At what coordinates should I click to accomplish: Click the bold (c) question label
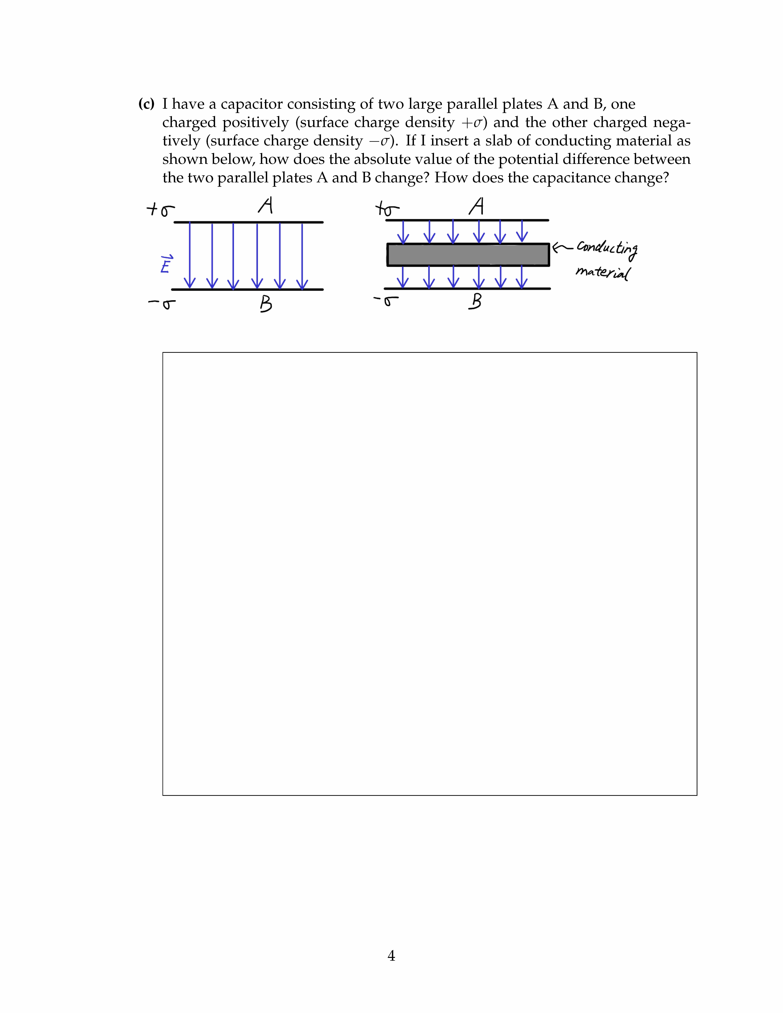point(146,104)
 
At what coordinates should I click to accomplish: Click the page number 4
point(391,955)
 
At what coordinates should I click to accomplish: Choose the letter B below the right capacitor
point(475,302)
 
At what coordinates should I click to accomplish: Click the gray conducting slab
point(468,255)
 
